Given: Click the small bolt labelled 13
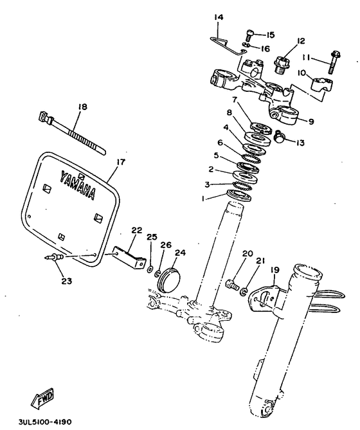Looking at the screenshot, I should click(280, 136).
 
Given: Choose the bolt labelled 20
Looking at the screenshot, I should click(233, 281).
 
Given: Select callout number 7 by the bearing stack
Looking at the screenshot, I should click(235, 100).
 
